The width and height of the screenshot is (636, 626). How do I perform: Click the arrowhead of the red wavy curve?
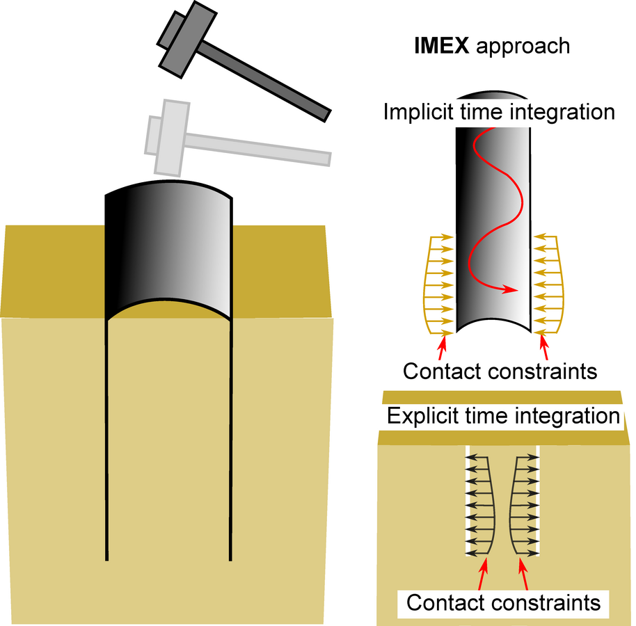[513, 289]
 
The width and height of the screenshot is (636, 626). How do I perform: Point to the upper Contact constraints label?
[500, 371]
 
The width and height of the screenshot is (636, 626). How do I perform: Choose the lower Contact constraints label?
[503, 602]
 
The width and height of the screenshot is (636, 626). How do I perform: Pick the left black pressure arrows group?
[479, 504]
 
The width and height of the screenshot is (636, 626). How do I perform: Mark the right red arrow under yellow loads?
[544, 343]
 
